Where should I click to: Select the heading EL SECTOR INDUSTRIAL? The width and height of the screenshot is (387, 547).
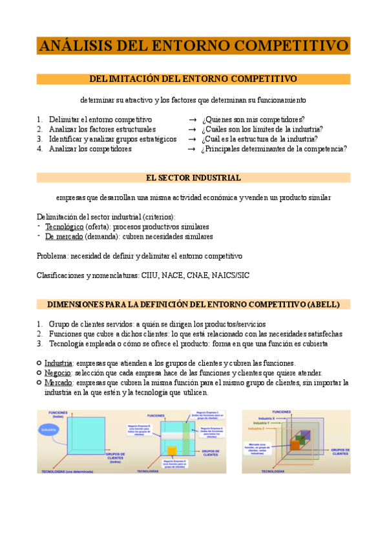click(193, 177)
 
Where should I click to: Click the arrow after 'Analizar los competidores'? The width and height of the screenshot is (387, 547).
click(191, 149)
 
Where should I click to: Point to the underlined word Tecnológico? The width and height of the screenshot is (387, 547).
click(65, 227)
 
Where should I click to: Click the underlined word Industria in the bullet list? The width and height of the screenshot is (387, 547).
click(58, 363)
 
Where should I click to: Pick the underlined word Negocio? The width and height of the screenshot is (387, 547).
click(58, 373)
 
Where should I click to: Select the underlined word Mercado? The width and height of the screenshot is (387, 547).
click(58, 383)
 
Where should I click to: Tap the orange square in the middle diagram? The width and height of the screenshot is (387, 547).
click(172, 451)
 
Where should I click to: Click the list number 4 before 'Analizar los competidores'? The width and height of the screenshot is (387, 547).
click(39, 149)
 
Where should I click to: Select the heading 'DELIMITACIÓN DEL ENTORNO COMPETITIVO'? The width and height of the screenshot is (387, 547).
click(193, 79)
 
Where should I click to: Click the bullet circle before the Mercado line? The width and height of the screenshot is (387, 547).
click(39, 383)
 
